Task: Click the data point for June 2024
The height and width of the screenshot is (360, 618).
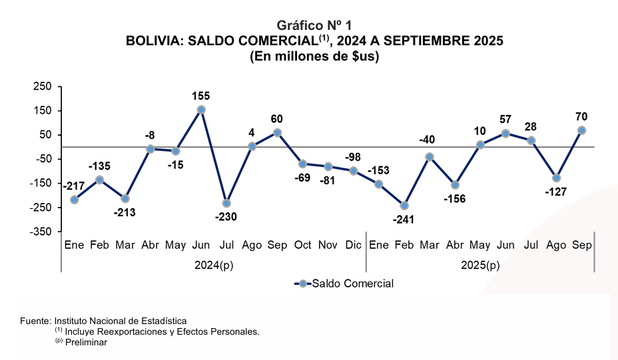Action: (201, 110)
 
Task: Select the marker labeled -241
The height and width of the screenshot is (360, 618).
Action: (404, 206)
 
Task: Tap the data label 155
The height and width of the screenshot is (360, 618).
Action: (201, 96)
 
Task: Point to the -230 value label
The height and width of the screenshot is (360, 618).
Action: (226, 216)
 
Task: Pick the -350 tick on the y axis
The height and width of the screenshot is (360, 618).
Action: (40, 232)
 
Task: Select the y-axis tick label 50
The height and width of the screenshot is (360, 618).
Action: (45, 135)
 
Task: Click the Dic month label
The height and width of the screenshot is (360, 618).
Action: (354, 246)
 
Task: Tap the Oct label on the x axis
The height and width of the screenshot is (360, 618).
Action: (302, 246)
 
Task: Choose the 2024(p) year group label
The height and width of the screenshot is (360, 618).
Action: (214, 265)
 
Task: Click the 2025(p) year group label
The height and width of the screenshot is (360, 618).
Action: (480, 265)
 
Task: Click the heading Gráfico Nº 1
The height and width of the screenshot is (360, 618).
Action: (314, 26)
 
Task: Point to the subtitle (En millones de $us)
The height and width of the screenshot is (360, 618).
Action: (314, 57)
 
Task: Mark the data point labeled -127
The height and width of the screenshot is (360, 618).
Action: (556, 178)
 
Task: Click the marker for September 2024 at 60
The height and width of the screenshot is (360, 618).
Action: (277, 132)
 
